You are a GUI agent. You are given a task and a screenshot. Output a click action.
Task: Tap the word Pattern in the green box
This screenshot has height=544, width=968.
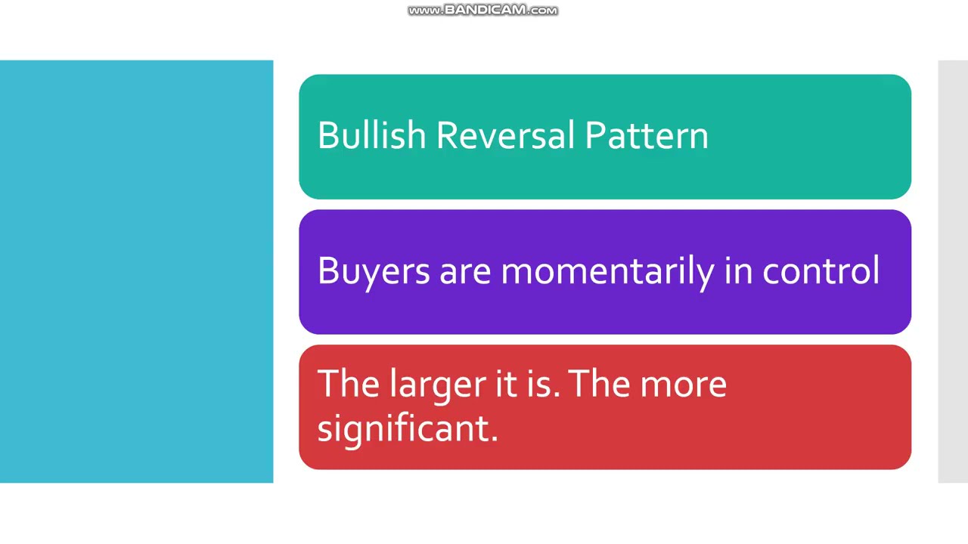[x=647, y=136]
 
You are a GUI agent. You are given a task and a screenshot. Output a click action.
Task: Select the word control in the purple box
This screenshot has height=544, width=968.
[x=821, y=271]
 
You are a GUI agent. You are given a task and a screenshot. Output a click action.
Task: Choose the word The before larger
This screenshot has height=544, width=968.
[x=349, y=385]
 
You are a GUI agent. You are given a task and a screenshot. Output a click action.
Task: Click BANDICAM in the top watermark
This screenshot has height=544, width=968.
[x=482, y=11]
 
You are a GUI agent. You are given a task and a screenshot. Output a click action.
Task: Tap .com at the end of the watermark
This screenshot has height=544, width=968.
[x=542, y=11]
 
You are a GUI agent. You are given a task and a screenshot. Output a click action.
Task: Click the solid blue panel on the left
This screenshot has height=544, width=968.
[x=136, y=271]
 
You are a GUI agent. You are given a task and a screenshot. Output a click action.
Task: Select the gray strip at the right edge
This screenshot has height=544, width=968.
[x=953, y=271]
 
